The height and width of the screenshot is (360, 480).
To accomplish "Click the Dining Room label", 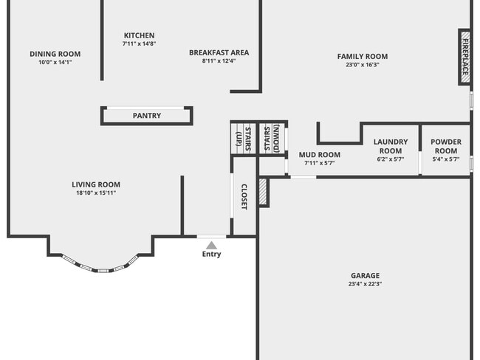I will [55, 54].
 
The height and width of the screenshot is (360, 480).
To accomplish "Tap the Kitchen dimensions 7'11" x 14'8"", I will [139, 44].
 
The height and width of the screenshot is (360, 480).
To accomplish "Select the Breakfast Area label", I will [219, 52].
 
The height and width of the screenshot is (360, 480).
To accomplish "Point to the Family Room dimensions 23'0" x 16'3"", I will [362, 65].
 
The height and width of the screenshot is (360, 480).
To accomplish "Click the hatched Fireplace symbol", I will [464, 57].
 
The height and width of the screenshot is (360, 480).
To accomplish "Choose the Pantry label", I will [146, 116].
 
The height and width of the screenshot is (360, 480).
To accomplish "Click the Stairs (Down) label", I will [272, 138].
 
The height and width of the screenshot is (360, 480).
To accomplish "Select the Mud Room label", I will [319, 154].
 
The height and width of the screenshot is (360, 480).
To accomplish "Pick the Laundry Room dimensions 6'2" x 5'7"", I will [391, 159].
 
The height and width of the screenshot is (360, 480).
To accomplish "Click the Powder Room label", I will [445, 146].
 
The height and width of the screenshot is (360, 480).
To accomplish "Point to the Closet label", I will [244, 195].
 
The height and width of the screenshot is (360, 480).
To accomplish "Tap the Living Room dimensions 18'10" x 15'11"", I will [95, 193].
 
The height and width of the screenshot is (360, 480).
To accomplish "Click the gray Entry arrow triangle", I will [211, 245].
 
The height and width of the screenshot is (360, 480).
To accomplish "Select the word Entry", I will [211, 255].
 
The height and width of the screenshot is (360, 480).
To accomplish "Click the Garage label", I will [365, 274].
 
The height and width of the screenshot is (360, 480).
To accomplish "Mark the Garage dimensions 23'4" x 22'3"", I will [365, 284].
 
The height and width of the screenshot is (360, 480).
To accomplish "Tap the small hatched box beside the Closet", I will [262, 192].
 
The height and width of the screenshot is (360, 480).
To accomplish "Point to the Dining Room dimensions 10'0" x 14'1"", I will [55, 62].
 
